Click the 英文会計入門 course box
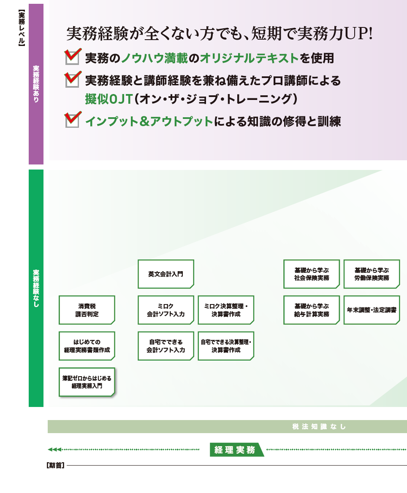click(x=166, y=274)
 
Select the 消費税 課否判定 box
click(x=87, y=310)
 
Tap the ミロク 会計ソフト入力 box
click(x=166, y=310)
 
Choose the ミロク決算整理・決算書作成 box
click(x=226, y=310)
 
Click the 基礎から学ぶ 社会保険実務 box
click(x=312, y=274)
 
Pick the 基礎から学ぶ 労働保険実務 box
click(x=372, y=274)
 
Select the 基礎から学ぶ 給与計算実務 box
click(x=312, y=310)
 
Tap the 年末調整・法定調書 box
click(x=372, y=310)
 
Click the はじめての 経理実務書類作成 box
click(x=87, y=346)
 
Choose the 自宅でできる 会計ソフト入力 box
click(x=166, y=346)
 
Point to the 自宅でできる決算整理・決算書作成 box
click(x=226, y=346)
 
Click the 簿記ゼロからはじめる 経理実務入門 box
click(x=87, y=382)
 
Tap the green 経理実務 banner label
click(x=235, y=450)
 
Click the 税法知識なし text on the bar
click(x=319, y=427)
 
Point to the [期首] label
click(x=55, y=466)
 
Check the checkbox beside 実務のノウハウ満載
click(x=72, y=57)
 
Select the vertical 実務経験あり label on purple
click(x=36, y=84)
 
